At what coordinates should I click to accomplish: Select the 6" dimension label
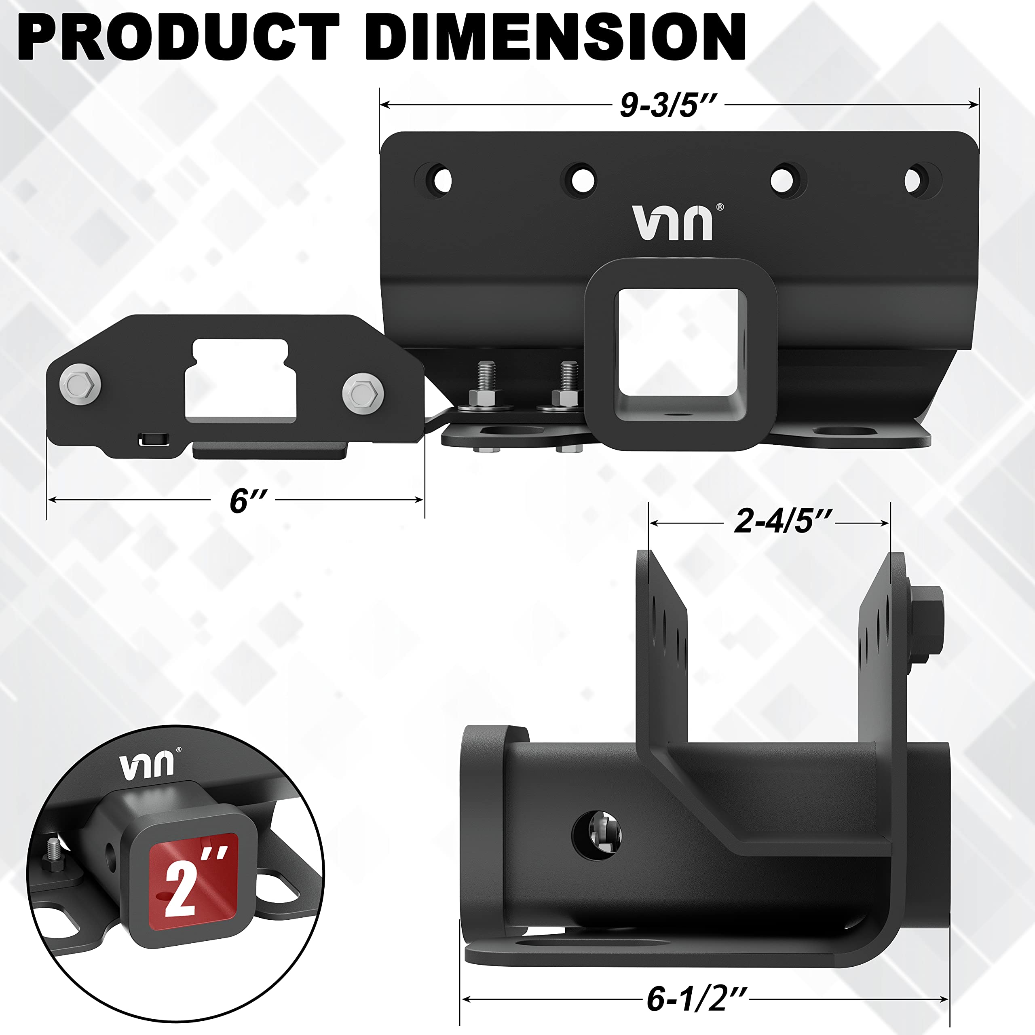(247, 501)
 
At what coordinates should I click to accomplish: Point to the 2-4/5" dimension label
(783, 521)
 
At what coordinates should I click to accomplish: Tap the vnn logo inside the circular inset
(147, 766)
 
